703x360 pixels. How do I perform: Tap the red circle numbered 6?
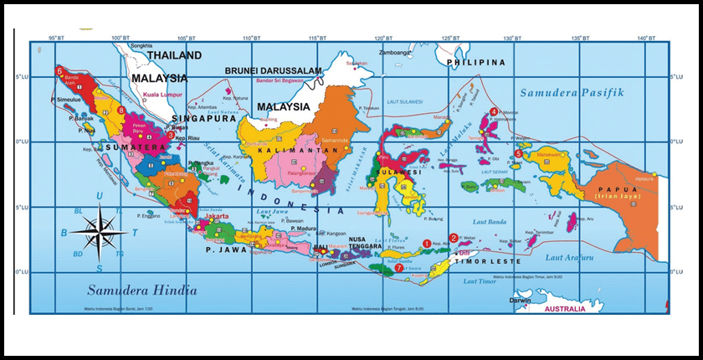59,71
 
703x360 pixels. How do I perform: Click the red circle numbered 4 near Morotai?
494,111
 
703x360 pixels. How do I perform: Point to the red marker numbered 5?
519,154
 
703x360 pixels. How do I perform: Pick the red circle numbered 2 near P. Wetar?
454,238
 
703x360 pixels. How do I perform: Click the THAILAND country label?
174,55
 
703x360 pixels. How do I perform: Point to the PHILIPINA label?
476,63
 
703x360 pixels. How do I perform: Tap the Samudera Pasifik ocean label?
571,92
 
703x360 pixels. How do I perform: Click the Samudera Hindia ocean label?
142,291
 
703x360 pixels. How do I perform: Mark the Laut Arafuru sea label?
570,258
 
